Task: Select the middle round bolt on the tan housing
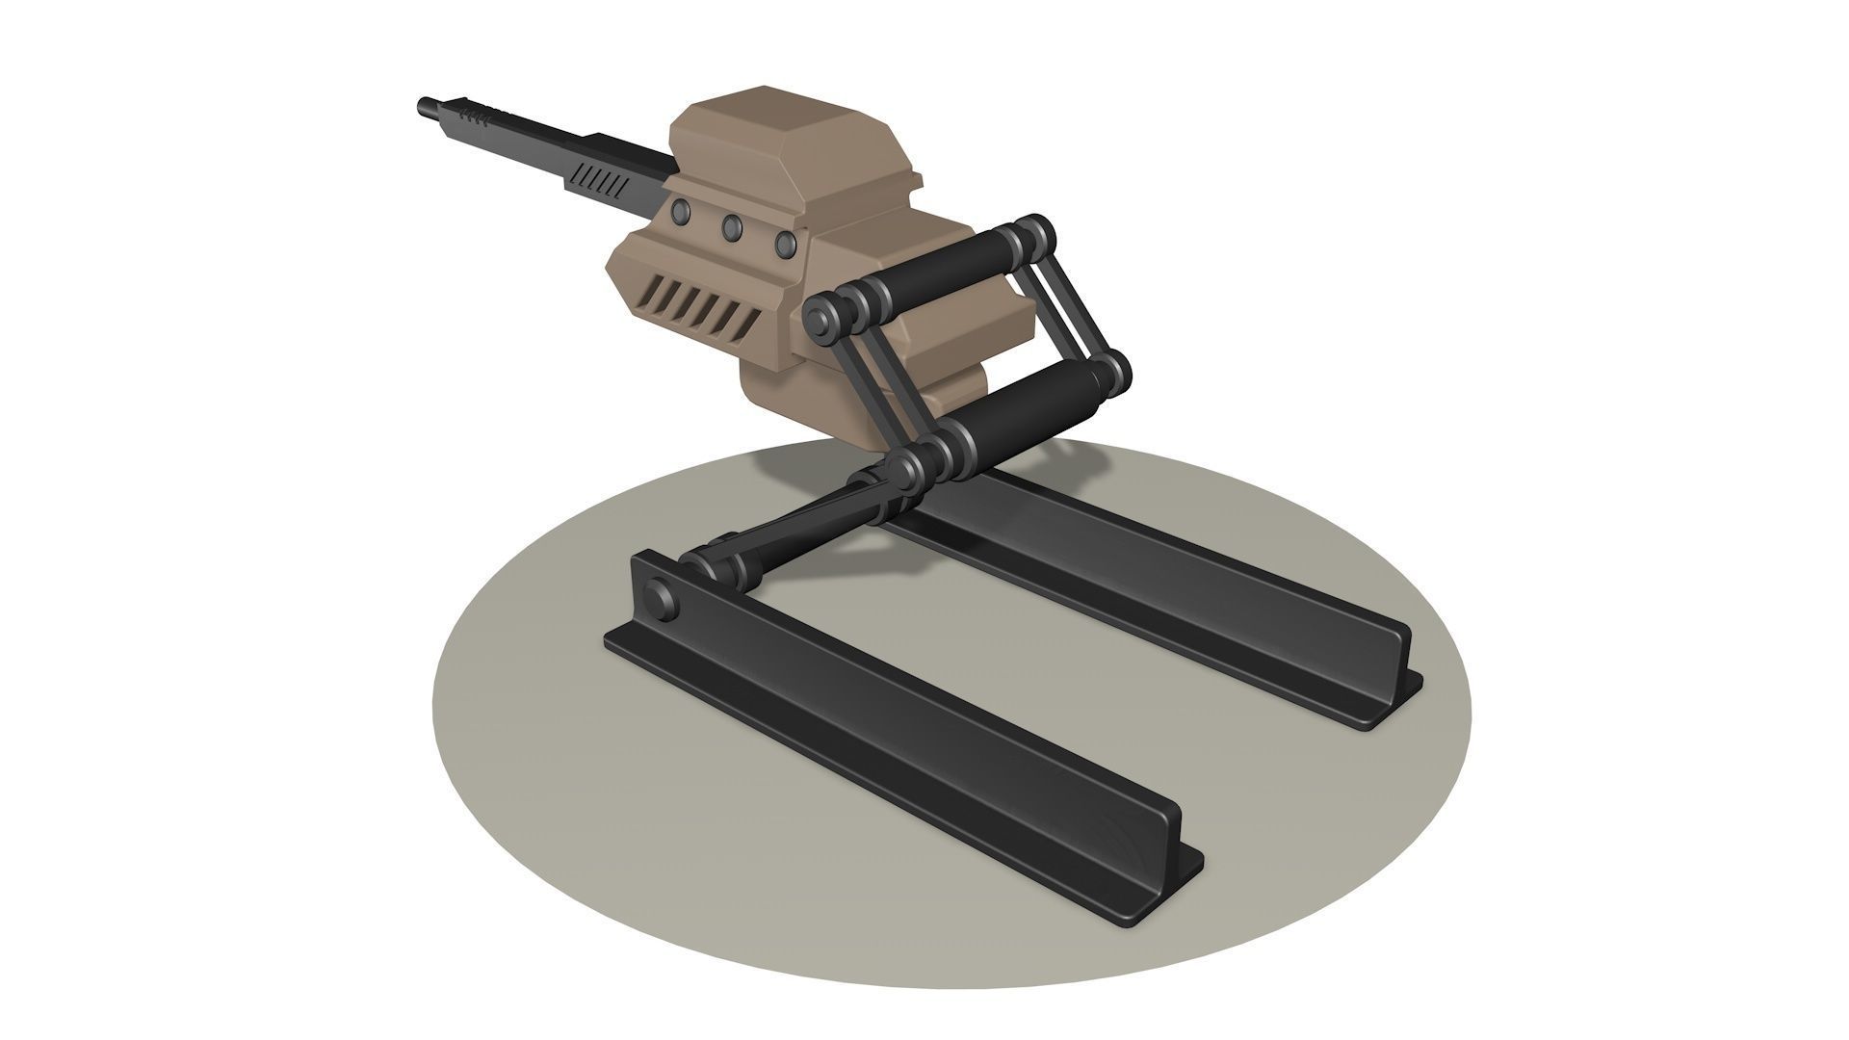point(732,227)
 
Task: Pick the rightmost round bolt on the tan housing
point(786,244)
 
